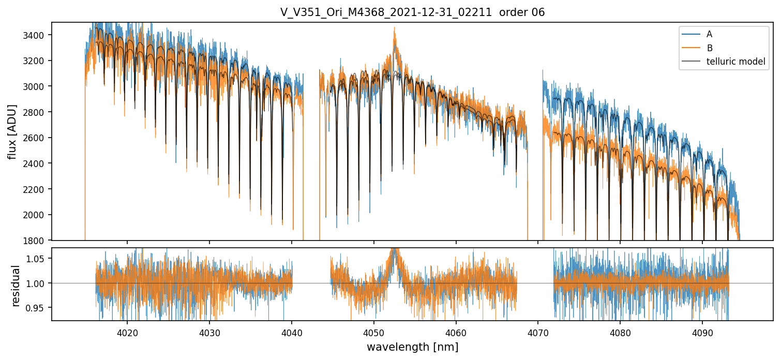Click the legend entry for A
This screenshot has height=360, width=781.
point(709,34)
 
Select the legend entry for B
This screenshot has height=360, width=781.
point(709,48)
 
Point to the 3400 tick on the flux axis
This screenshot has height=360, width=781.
point(38,35)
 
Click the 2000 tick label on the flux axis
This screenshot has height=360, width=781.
point(38,215)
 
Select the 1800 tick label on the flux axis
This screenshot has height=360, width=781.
point(38,241)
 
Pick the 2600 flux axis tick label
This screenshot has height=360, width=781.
point(38,138)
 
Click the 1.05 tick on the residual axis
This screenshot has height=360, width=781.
point(40,258)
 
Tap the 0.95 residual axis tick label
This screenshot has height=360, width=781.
point(40,308)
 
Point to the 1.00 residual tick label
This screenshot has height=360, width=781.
point(40,283)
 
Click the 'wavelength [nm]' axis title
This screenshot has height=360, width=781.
point(412,347)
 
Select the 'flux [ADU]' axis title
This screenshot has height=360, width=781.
point(12,131)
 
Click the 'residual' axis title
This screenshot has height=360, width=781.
point(16,286)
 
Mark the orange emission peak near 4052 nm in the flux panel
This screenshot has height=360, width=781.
point(394,28)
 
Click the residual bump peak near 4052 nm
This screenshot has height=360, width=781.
point(395,250)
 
